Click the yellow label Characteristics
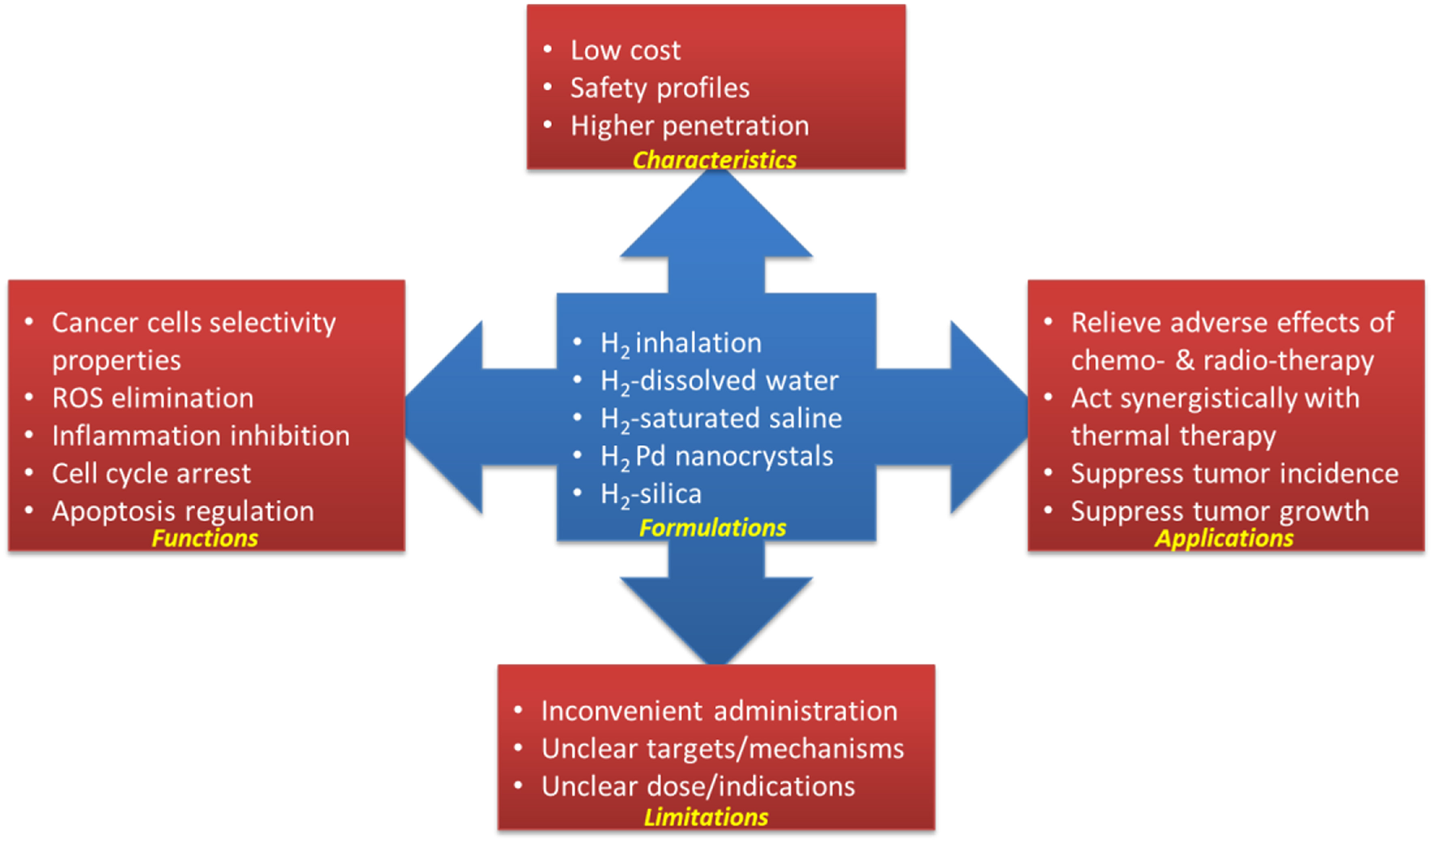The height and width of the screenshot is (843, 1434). pyautogui.click(x=714, y=159)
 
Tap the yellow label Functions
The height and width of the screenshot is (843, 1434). pyautogui.click(x=205, y=538)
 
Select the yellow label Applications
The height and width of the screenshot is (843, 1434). pyautogui.click(x=1224, y=538)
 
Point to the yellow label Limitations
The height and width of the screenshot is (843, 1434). pyautogui.click(x=706, y=816)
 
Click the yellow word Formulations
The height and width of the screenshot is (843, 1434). pyautogui.click(x=712, y=527)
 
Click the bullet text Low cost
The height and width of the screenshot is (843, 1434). pyautogui.click(x=625, y=50)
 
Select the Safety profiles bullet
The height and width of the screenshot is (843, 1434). pyautogui.click(x=660, y=87)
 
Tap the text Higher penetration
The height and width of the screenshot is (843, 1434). pyautogui.click(x=689, y=125)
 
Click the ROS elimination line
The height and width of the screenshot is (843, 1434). pyautogui.click(x=152, y=398)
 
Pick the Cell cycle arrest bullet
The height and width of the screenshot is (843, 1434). pyautogui.click(x=151, y=473)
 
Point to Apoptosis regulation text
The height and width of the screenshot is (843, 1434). pyautogui.click(x=182, y=511)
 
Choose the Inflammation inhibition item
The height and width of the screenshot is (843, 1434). pyautogui.click(x=200, y=436)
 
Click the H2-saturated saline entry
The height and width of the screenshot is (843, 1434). pyautogui.click(x=720, y=418)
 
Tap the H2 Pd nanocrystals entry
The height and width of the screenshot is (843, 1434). pyautogui.click(x=716, y=456)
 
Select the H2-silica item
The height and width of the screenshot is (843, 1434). pyautogui.click(x=651, y=494)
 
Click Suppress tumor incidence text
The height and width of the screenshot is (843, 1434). pyautogui.click(x=1234, y=473)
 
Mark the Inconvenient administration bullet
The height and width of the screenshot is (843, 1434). pyautogui.click(x=719, y=711)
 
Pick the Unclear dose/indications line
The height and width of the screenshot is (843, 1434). pyautogui.click(x=698, y=786)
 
